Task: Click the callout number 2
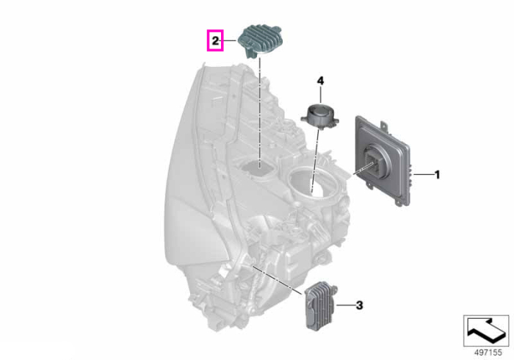coord(215,41)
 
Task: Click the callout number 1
coord(437,175)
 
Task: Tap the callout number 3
coord(359,306)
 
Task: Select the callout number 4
coord(320,81)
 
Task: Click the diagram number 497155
coord(488,353)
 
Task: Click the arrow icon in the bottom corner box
coord(486,331)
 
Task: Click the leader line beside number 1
coord(424,175)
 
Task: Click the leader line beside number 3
coord(345,306)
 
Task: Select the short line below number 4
coord(320,94)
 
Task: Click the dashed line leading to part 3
coord(278,280)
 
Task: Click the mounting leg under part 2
coord(251,52)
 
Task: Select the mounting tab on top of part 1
coord(383,125)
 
